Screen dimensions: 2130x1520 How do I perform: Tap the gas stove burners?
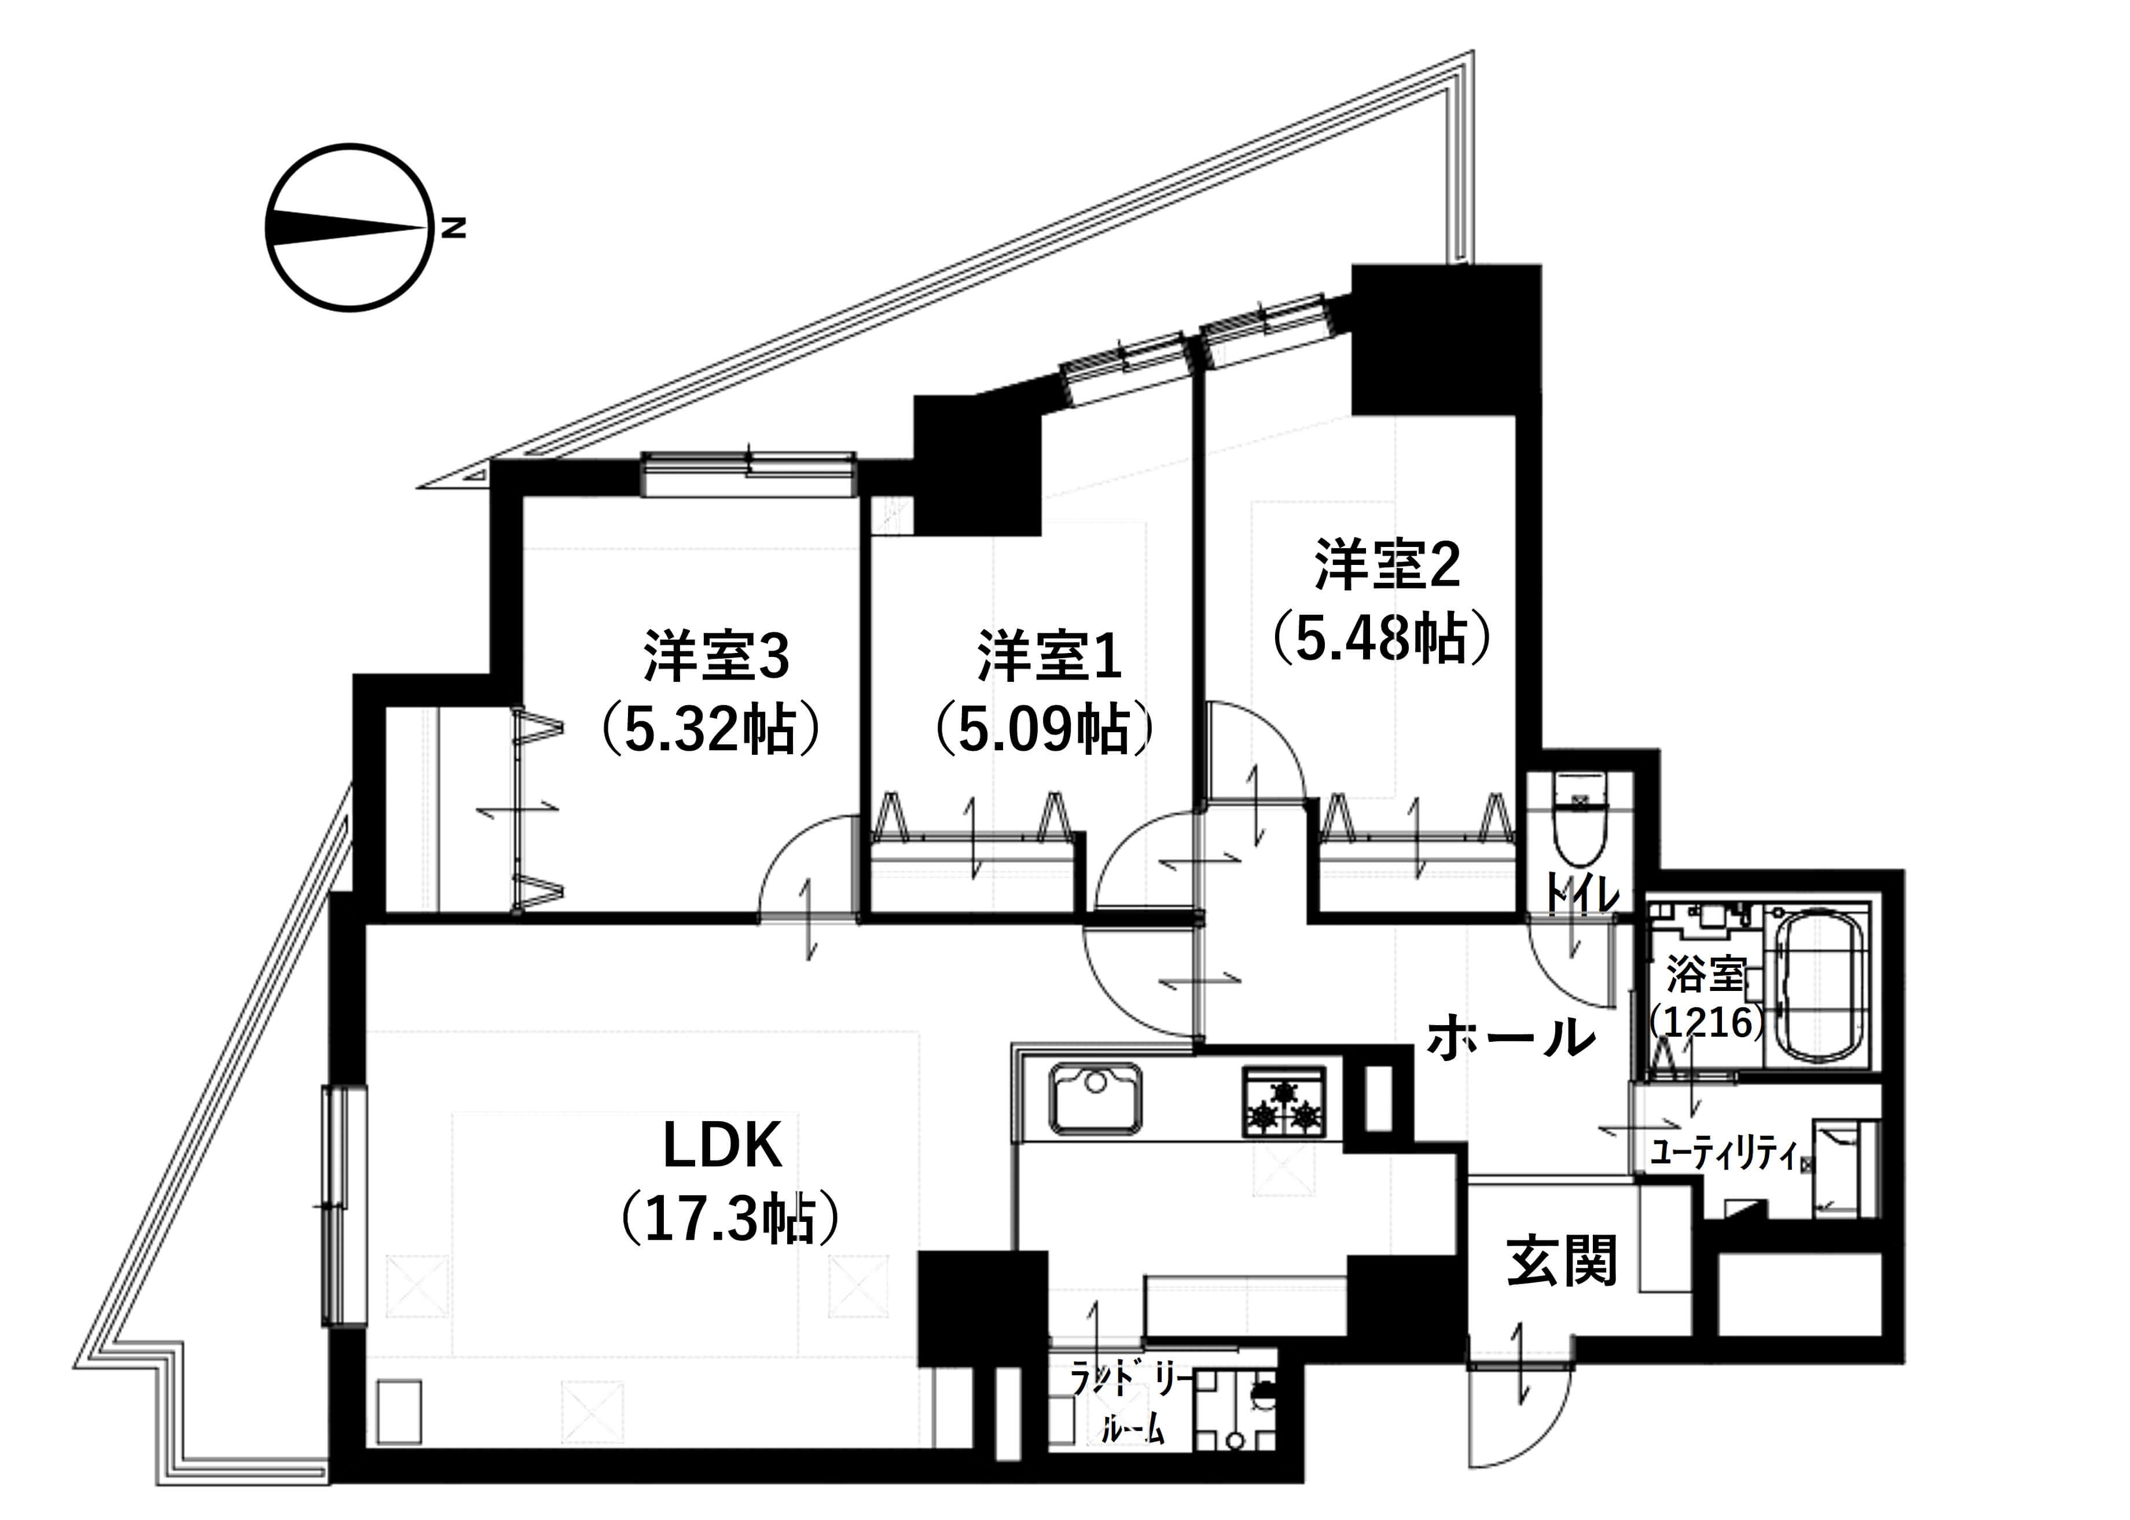tap(1283, 1103)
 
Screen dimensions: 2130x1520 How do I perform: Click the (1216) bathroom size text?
tap(1707, 1022)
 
